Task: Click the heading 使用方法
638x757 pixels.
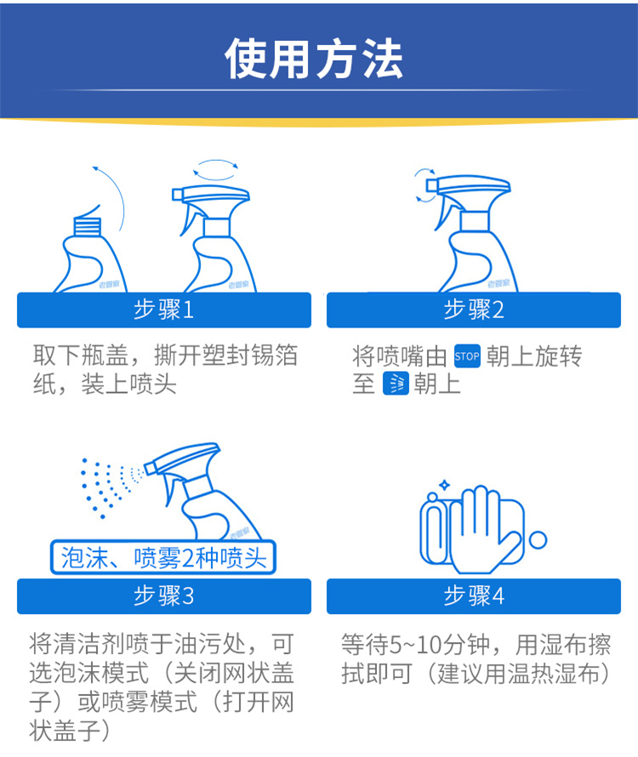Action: pyautogui.click(x=314, y=59)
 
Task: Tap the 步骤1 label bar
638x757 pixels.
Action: pyautogui.click(x=164, y=310)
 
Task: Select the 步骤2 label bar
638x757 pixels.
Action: pyautogui.click(x=474, y=310)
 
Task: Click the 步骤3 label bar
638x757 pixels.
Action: pyautogui.click(x=164, y=596)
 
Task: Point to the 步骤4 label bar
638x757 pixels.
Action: pyautogui.click(x=474, y=596)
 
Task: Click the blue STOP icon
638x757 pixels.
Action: pyautogui.click(x=467, y=356)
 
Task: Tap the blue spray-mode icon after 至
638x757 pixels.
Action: pyautogui.click(x=396, y=384)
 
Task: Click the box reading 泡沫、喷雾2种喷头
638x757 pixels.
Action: pyautogui.click(x=163, y=558)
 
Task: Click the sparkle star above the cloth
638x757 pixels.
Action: pyautogui.click(x=444, y=485)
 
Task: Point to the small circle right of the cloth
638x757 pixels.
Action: pyautogui.click(x=538, y=540)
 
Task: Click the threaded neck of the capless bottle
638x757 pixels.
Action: pyautogui.click(x=88, y=226)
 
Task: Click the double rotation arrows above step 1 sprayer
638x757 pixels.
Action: pyautogui.click(x=216, y=169)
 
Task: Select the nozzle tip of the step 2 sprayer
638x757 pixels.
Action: pyautogui.click(x=431, y=186)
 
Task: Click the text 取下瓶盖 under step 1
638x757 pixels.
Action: pyautogui.click(x=81, y=356)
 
